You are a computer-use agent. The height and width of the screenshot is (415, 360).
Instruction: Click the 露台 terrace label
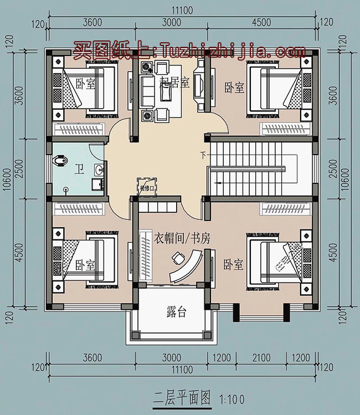pos(176,312)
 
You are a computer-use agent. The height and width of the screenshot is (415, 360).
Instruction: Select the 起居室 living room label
pos(174,83)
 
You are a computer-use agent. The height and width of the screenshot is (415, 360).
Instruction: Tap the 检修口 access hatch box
pos(147,187)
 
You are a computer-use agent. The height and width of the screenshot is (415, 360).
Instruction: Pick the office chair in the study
pos(178,258)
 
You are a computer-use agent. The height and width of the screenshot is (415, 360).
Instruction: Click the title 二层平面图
pos(182,397)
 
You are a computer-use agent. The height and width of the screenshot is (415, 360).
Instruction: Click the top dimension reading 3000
pos(172,23)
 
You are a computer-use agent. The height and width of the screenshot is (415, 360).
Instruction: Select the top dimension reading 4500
pos(261,23)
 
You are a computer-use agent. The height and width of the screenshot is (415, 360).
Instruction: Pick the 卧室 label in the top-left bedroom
pos(85,84)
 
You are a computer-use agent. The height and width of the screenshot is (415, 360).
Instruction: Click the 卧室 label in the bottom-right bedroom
pos(234,264)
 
